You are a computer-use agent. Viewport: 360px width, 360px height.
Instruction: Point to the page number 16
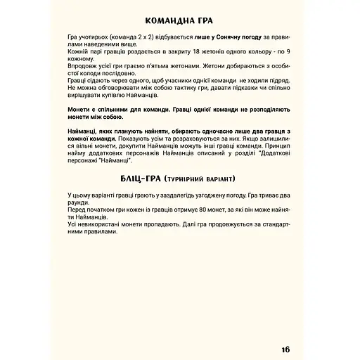(x=283, y=331)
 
